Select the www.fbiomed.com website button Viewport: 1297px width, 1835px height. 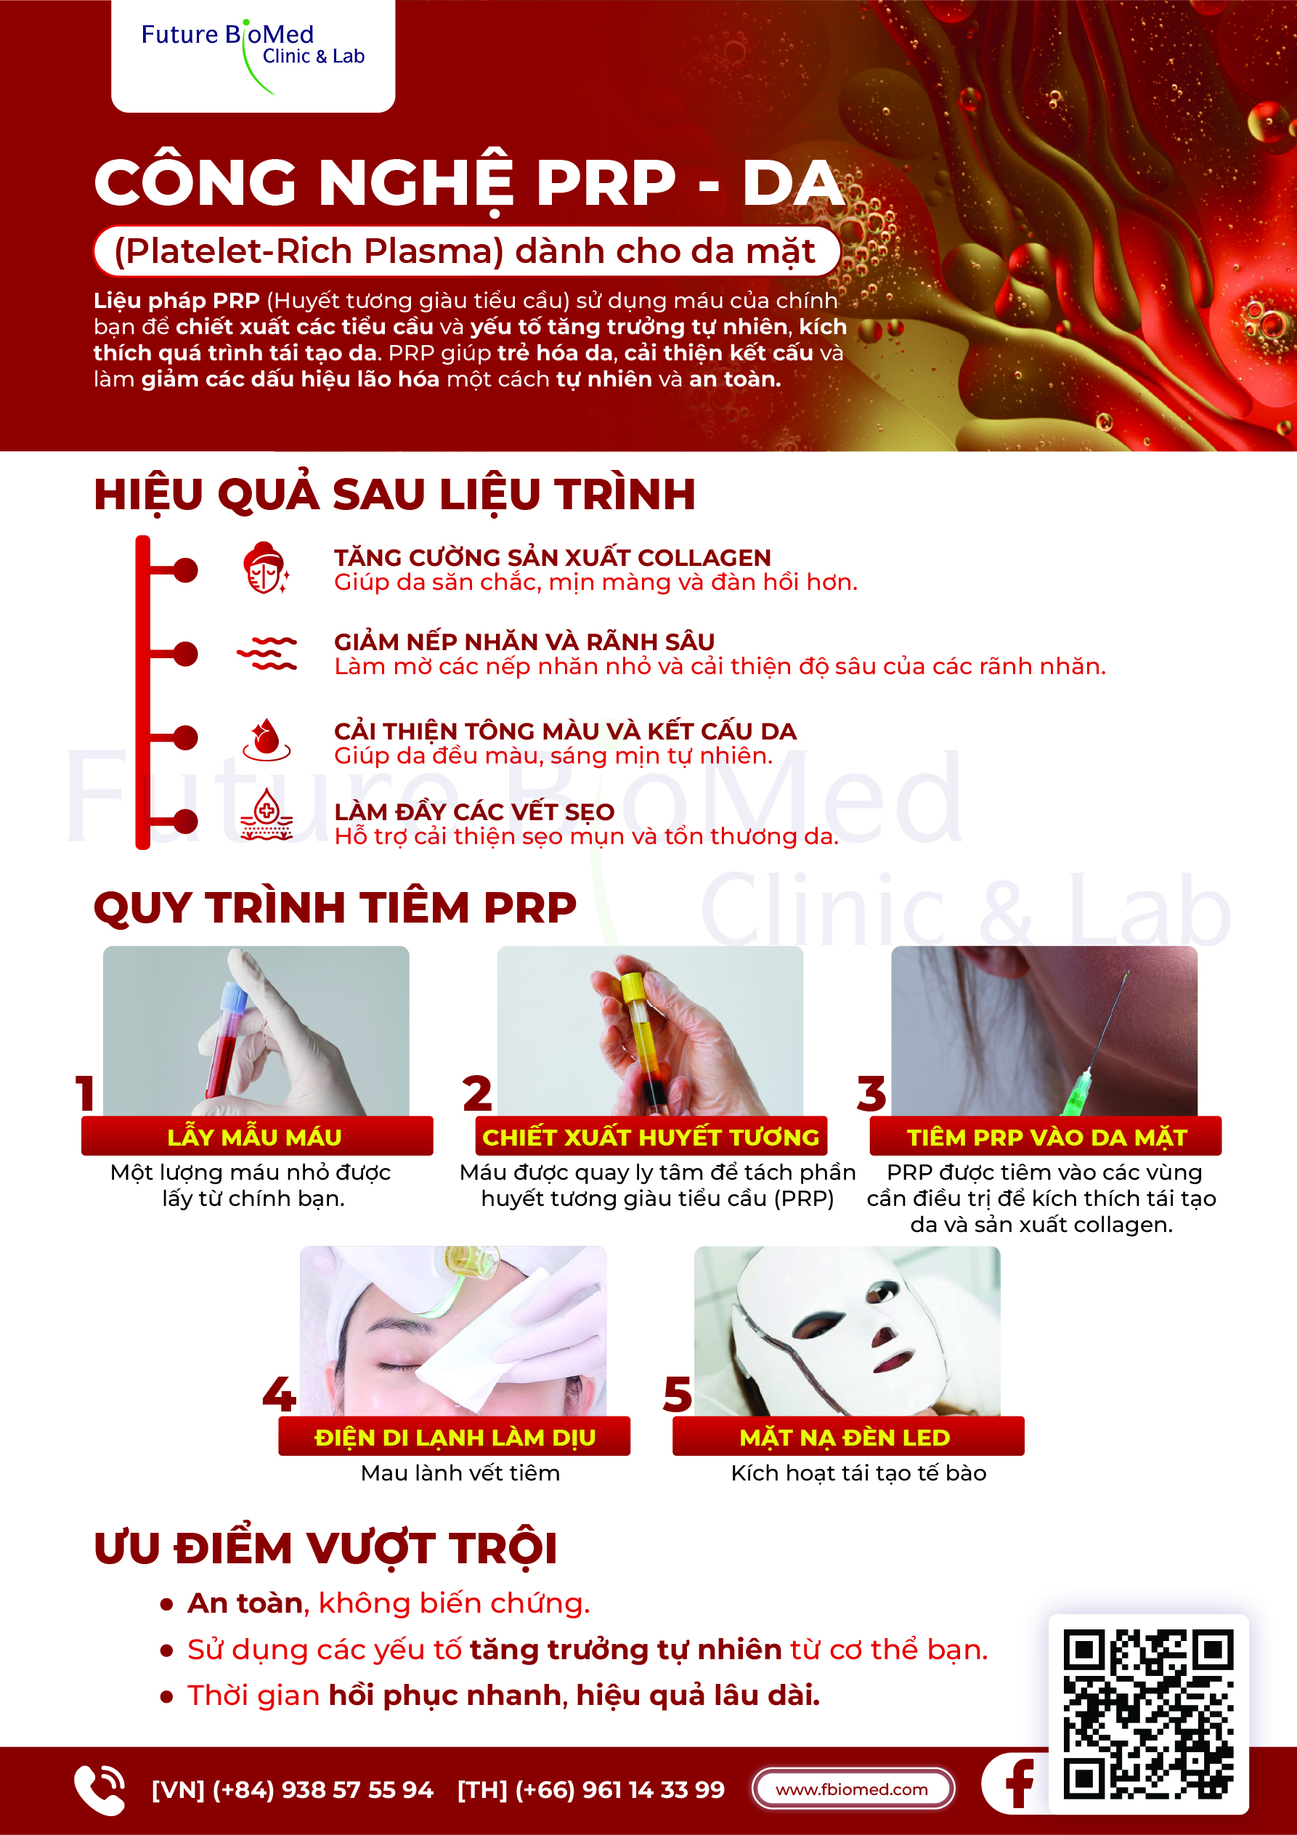[x=853, y=1789]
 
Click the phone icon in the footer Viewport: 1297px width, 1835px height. [x=99, y=1789]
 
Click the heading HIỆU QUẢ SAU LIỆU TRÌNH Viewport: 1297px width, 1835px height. [x=395, y=494]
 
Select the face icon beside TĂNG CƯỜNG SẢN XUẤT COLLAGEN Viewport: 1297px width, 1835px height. [x=265, y=568]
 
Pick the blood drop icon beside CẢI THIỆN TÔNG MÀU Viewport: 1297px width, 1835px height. [x=266, y=740]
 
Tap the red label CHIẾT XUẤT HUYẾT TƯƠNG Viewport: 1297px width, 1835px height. [x=651, y=1135]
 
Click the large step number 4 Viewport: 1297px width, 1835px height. [x=279, y=1395]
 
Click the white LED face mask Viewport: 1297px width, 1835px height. [x=843, y=1331]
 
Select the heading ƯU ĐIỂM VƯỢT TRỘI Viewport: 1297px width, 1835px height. [x=325, y=1548]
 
